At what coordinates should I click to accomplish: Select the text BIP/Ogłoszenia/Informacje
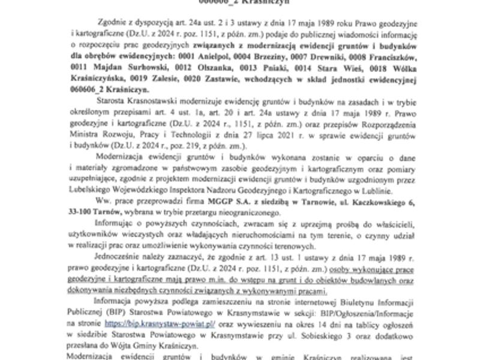pos(408,312)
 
